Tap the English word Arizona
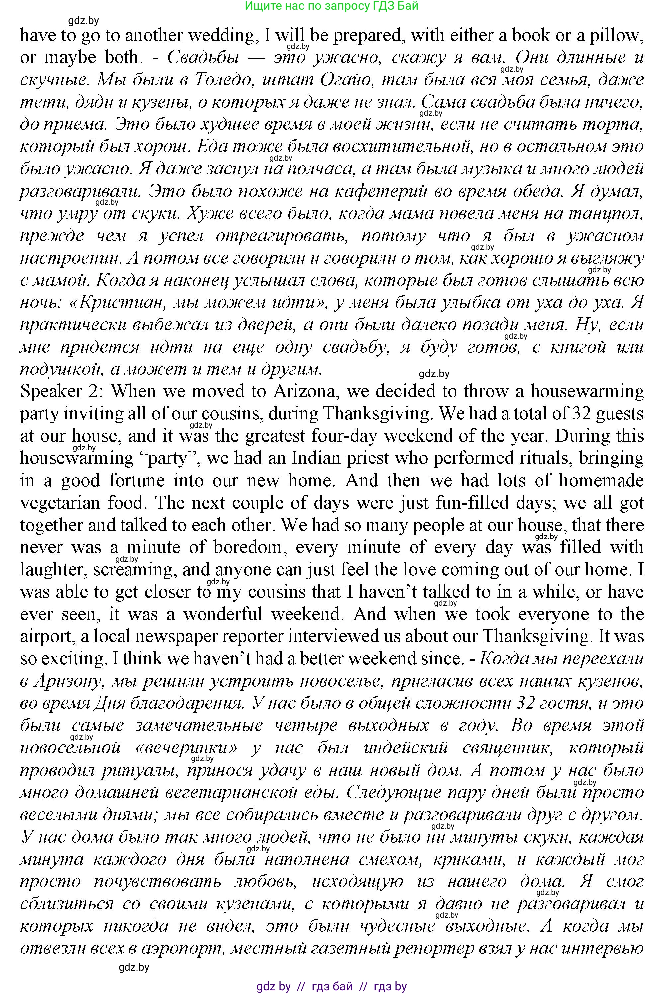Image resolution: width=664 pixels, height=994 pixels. pyautogui.click(x=305, y=391)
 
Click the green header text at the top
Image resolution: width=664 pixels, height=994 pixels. pyautogui.click(x=332, y=6)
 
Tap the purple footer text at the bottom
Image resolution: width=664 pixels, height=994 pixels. pyautogui.click(x=332, y=986)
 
